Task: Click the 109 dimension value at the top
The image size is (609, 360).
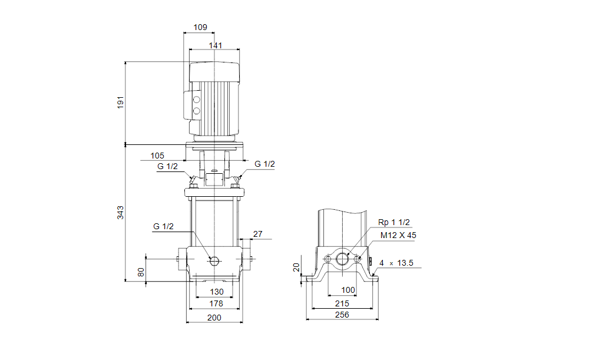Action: tap(200, 27)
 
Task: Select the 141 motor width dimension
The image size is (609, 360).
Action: tap(216, 45)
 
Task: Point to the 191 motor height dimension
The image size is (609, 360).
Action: tap(121, 102)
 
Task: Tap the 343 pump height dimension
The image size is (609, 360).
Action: tap(121, 213)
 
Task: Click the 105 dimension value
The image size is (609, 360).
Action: tap(157, 156)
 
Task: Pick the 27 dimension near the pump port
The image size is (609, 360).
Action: tap(258, 234)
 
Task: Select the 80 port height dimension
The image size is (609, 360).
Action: tap(141, 272)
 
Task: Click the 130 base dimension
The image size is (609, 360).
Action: tap(217, 292)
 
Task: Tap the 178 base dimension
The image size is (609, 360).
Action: tap(216, 303)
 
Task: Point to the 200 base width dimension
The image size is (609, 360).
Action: tap(214, 318)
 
